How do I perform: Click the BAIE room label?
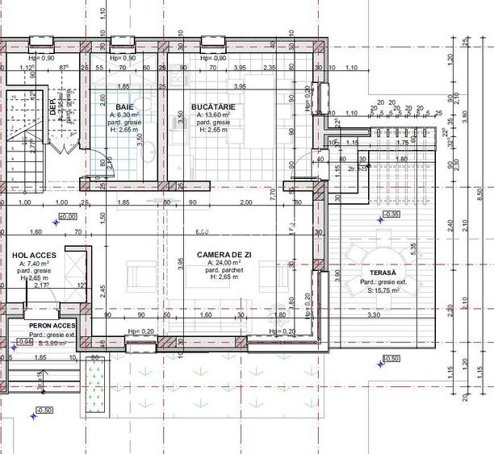click(x=124, y=106)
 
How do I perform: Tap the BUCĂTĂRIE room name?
click(x=213, y=106)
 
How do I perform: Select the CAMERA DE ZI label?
click(x=224, y=254)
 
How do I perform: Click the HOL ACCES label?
click(x=31, y=254)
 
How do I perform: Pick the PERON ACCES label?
click(x=52, y=325)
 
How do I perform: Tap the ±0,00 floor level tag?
click(x=67, y=217)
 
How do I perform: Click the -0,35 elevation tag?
click(x=391, y=215)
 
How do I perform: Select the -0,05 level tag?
click(x=25, y=341)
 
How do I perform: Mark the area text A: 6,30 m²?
click(x=124, y=115)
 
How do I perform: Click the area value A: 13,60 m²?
click(x=213, y=115)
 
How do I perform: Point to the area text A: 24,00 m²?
click(x=224, y=263)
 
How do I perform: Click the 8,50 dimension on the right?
click(x=479, y=194)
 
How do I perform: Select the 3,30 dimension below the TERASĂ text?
click(x=374, y=314)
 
